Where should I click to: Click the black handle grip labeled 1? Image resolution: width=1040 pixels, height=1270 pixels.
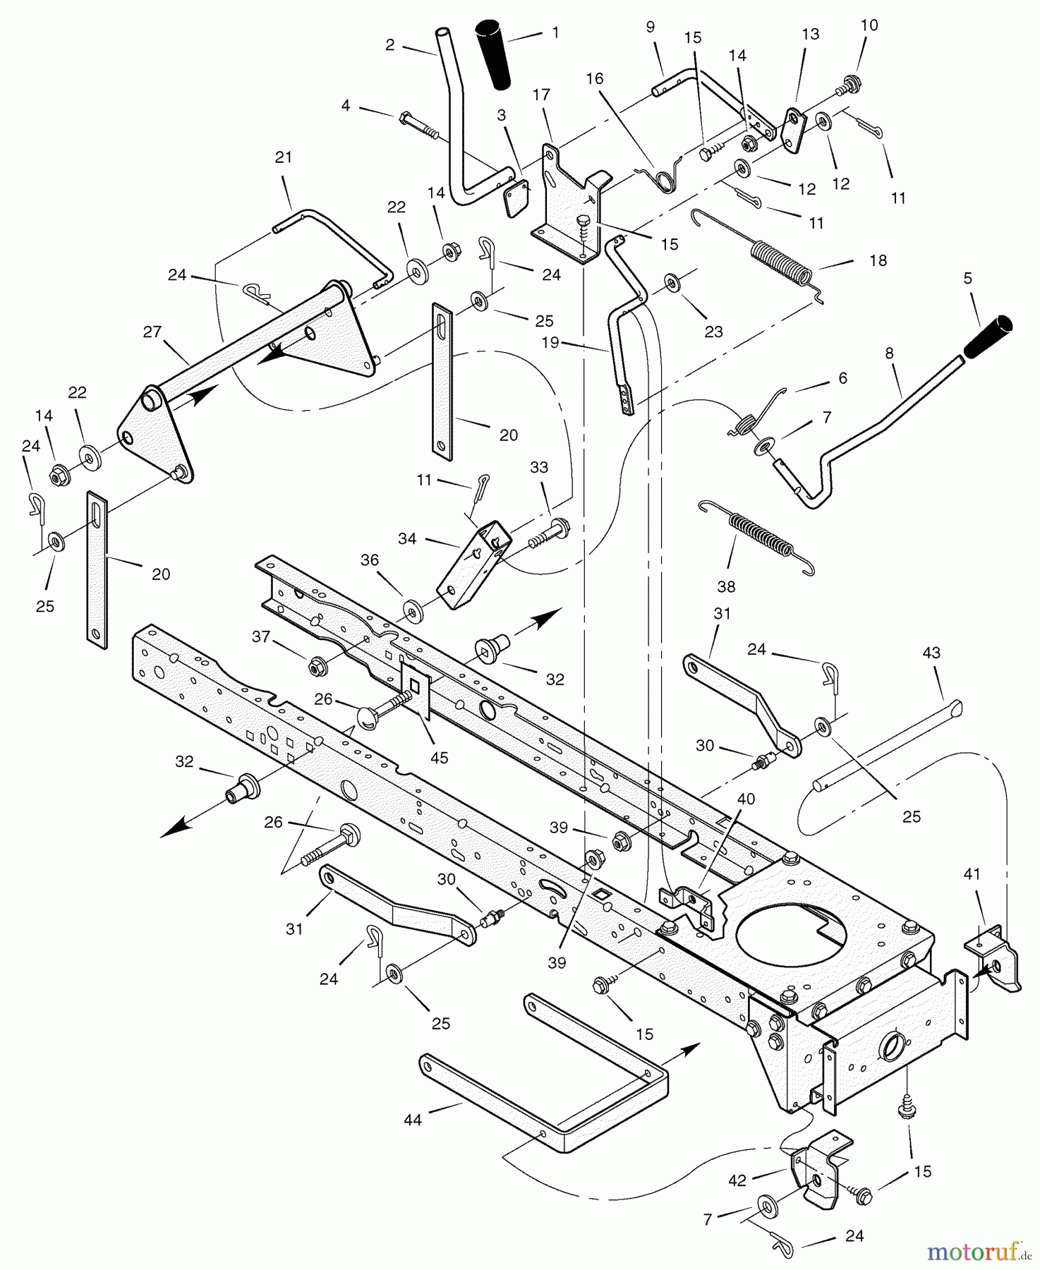(495, 54)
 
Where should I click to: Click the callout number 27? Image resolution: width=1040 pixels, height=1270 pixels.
(152, 332)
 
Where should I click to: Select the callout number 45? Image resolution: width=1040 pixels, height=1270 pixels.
(439, 758)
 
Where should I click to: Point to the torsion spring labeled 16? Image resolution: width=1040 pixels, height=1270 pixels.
(666, 176)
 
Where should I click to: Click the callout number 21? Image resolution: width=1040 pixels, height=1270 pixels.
(283, 157)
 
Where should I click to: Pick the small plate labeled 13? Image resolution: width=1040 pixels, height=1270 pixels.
(794, 131)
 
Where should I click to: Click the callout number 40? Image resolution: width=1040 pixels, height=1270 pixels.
(746, 799)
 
